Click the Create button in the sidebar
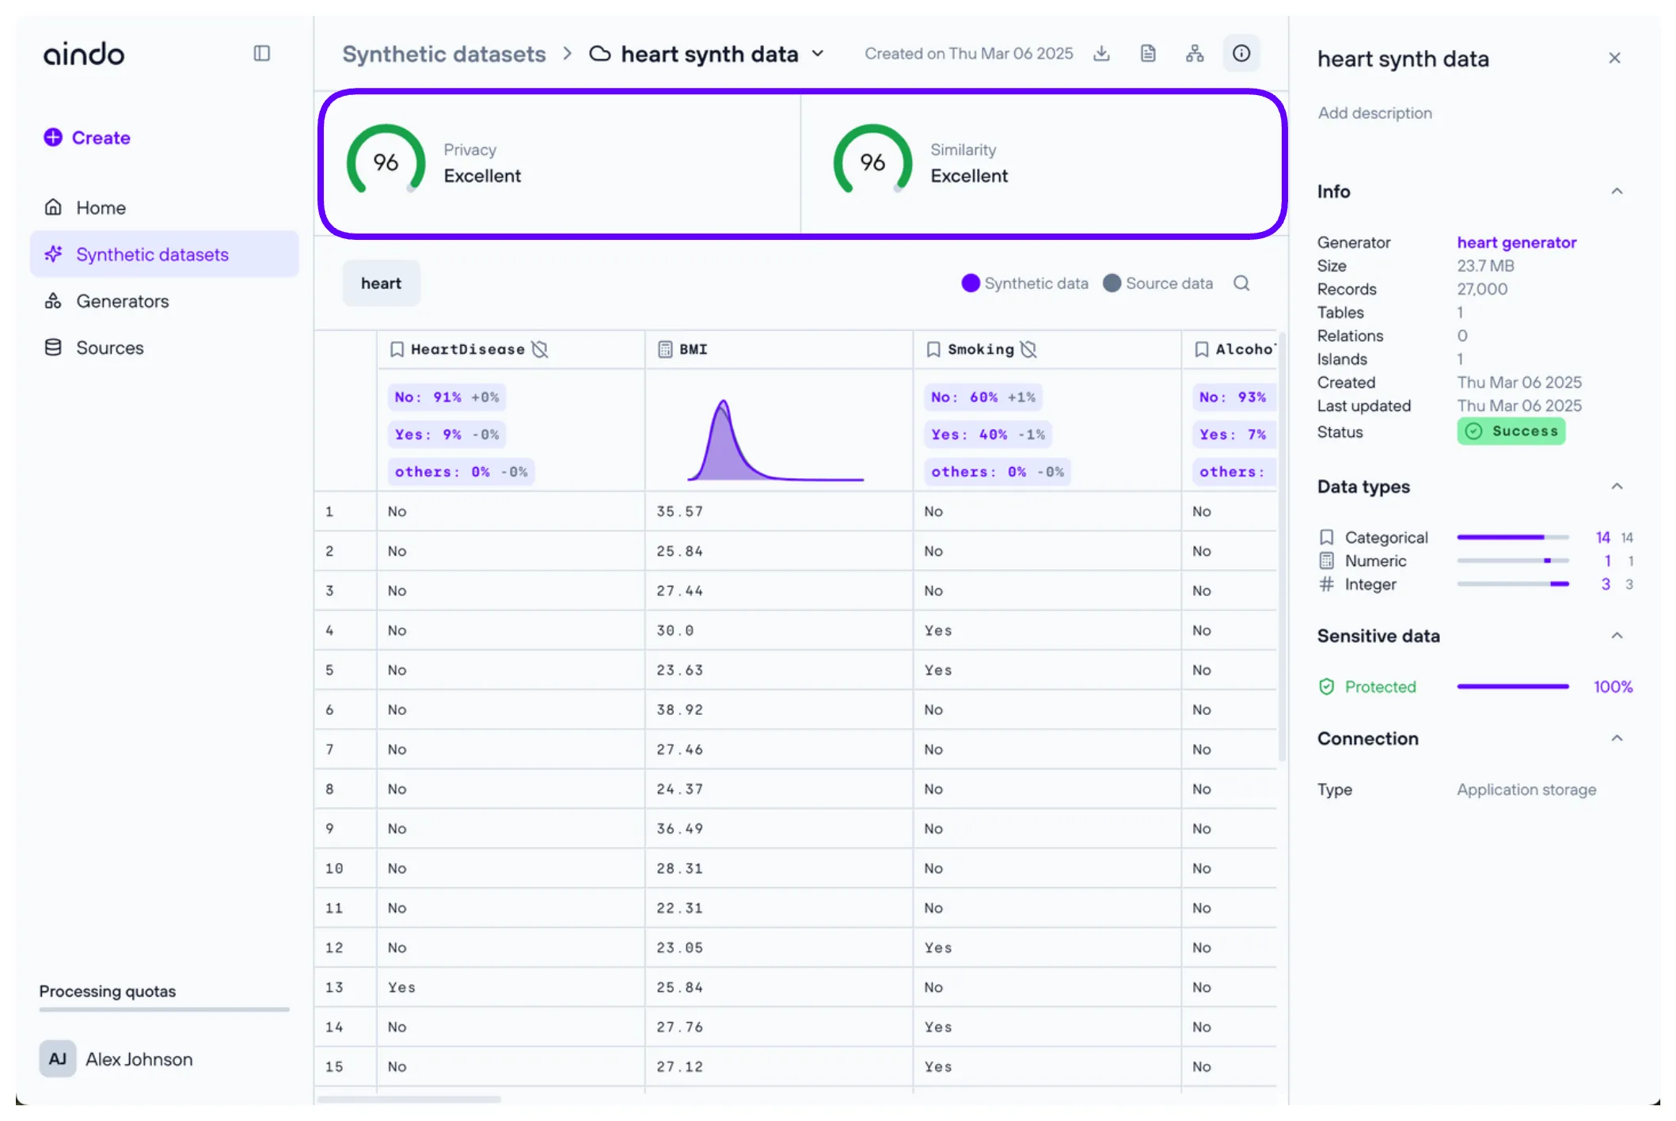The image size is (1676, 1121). [87, 138]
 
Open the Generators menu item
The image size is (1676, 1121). [122, 302]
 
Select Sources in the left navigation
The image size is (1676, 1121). [109, 348]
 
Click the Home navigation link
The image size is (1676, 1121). [101, 208]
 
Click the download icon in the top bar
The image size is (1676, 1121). [1101, 54]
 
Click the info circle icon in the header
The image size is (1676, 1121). [1241, 54]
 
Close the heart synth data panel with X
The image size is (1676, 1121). [1614, 59]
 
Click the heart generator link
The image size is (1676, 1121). [1516, 243]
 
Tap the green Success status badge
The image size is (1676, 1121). [1511, 431]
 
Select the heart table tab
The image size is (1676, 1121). [381, 283]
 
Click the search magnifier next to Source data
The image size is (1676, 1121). [1241, 283]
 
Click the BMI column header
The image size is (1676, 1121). [693, 349]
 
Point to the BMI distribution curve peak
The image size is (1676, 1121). [723, 404]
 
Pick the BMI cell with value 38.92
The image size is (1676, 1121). [679, 710]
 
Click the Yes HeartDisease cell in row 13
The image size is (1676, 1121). [401, 988]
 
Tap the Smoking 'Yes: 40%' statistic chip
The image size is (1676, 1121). [987, 435]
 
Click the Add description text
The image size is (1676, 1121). [1374, 113]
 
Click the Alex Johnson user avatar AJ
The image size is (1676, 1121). [58, 1059]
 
